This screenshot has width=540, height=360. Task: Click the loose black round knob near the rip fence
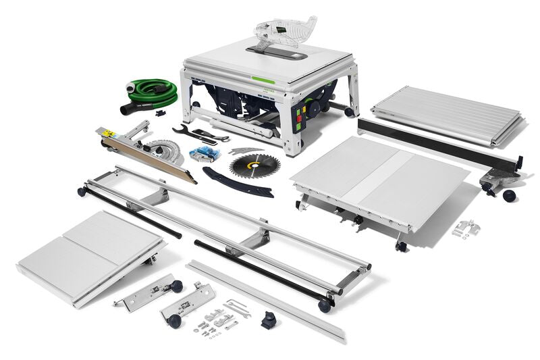(508, 195)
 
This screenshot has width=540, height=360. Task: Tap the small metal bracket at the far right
(466, 228)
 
